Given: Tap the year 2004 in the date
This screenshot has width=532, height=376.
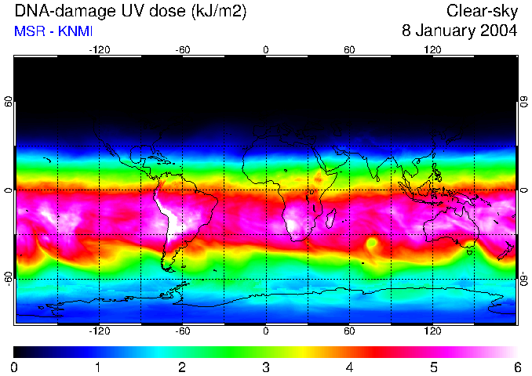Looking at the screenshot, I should click(x=499, y=31).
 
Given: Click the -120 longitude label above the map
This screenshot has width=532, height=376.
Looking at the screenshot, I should click(x=99, y=49).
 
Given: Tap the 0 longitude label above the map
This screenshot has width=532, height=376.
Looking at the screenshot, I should click(x=266, y=49).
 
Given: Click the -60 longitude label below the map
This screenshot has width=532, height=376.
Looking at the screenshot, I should click(x=183, y=331).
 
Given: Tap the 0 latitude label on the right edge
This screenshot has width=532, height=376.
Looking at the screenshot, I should click(x=523, y=190).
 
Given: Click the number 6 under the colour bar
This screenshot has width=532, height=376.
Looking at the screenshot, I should click(x=517, y=367).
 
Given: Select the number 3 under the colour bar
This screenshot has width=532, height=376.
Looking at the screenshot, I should click(x=266, y=367).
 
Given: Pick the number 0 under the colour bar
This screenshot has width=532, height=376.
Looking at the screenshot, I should click(x=15, y=367).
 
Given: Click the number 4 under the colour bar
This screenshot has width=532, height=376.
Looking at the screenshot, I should click(x=350, y=367).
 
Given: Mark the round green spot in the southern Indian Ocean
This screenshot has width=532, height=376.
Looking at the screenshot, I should click(x=370, y=244).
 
